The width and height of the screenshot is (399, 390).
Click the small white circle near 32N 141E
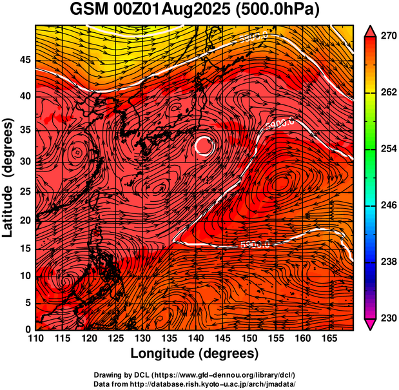204,146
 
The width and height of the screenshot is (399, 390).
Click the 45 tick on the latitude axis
24,60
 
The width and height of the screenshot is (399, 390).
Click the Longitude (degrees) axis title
195,354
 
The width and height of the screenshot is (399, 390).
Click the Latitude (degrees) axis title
8,177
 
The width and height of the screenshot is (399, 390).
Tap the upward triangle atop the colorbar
371,31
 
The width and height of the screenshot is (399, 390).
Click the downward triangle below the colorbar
371,324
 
